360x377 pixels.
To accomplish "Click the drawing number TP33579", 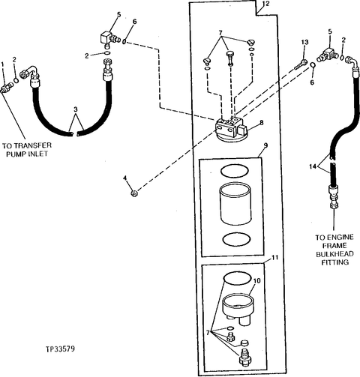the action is coord(60,349).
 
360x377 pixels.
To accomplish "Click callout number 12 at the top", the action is coord(266,4).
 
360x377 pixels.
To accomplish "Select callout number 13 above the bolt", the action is coord(304,42).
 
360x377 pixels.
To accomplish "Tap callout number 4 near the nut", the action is coord(125,178).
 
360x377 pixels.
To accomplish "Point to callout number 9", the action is coord(265,145).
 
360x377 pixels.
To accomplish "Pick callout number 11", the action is coord(274,257).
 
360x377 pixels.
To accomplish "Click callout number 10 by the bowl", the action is coord(256,280).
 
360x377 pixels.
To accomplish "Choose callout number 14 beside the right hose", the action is coord(313,166).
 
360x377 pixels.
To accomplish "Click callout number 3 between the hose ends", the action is coord(76,109).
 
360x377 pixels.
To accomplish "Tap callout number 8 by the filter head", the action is coord(262,122).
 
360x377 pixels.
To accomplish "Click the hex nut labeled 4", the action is coord(135,193).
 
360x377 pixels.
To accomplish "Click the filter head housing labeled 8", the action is coord(231,129).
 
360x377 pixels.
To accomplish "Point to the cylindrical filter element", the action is coord(235,204).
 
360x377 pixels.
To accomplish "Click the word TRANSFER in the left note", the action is coord(34,145).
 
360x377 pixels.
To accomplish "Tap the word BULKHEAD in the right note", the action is coord(334,254).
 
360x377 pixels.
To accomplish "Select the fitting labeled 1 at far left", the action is coord(7,88).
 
